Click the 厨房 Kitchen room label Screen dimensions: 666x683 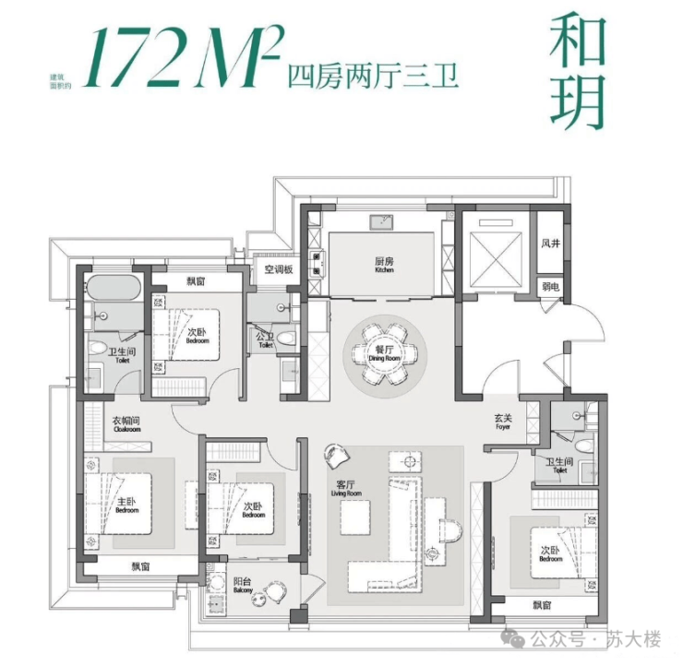384,265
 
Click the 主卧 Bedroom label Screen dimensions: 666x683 126,505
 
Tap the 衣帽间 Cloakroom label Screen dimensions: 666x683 126,423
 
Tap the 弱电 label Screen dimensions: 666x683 551,287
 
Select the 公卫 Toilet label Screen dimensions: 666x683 266,340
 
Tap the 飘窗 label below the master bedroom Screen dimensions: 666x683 140,566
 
